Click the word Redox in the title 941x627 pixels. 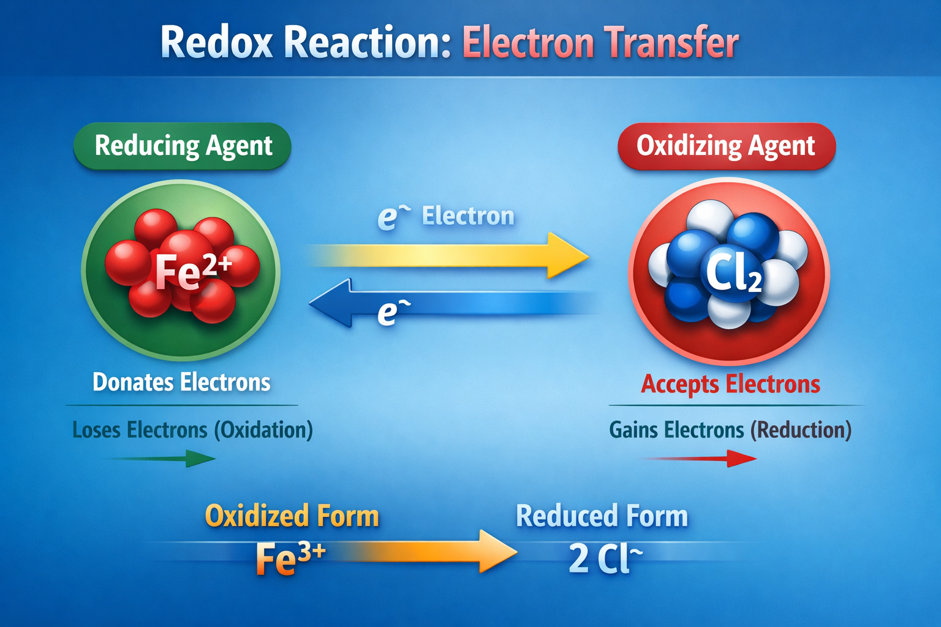(x=217, y=42)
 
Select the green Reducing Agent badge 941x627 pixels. (x=183, y=146)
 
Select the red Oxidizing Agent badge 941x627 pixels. (x=727, y=146)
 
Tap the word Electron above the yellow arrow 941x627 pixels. (x=468, y=216)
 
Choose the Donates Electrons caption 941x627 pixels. (x=181, y=382)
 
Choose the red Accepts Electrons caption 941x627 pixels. (x=730, y=384)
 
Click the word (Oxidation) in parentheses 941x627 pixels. (x=263, y=430)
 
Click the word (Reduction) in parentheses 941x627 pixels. (x=801, y=430)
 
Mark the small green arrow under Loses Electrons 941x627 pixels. (x=162, y=459)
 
